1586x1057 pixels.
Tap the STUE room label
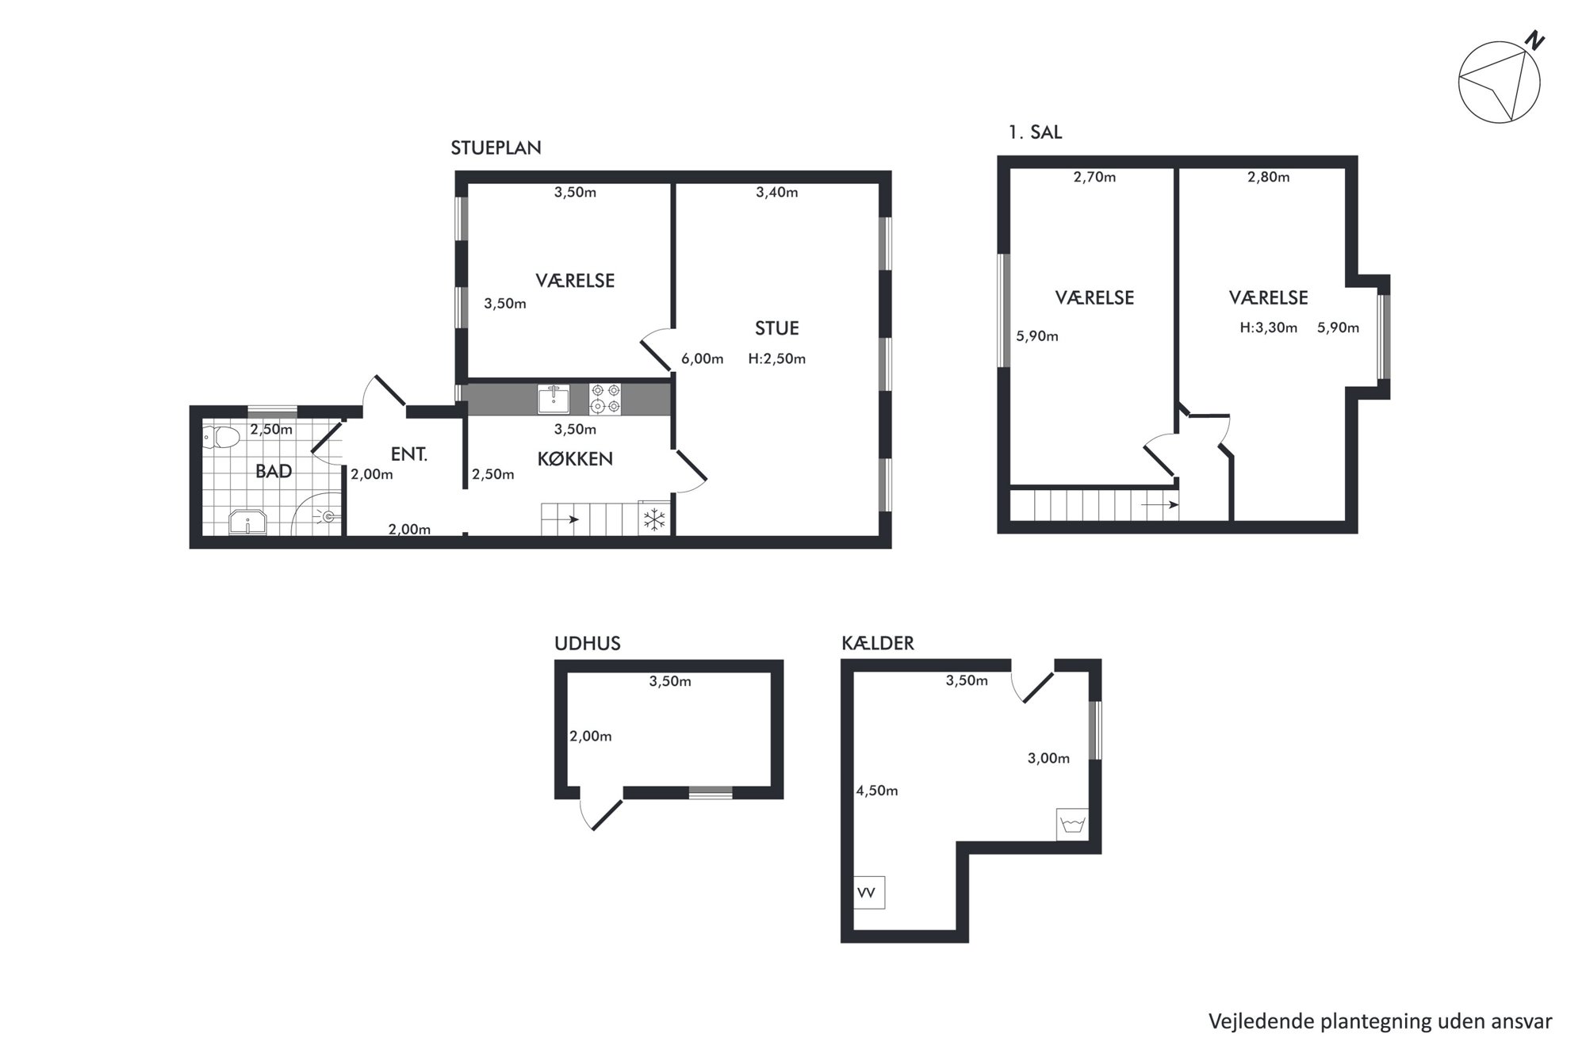(776, 327)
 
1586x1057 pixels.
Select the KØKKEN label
(575, 458)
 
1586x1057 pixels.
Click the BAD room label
(274, 471)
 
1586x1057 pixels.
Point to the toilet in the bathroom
(221, 437)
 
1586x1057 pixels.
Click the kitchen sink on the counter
(553, 399)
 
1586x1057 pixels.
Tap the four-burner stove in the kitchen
(605, 399)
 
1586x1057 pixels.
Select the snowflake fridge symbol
(654, 520)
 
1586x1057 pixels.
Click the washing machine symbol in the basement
(1072, 825)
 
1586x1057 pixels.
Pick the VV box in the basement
(869, 893)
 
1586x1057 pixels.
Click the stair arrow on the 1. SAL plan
(1160, 504)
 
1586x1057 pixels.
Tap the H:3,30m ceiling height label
(1268, 327)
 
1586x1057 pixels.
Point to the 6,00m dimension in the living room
(702, 358)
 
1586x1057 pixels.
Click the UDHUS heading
(588, 643)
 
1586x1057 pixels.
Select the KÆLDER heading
(878, 643)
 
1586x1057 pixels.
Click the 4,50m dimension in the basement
(877, 791)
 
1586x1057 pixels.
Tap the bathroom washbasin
(248, 523)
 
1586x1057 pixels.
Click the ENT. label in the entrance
(409, 454)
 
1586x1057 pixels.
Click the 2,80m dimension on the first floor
(1269, 177)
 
